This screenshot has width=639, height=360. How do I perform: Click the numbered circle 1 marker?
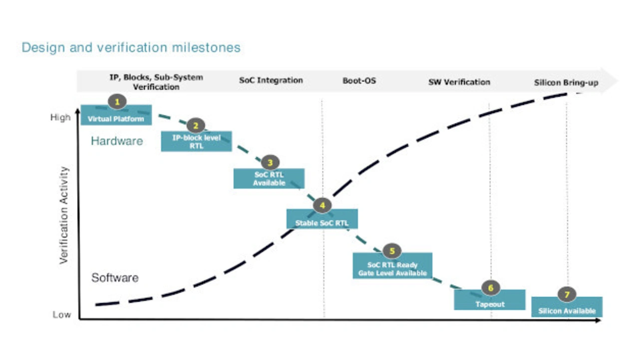(x=117, y=101)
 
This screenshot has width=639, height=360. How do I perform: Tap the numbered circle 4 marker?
(x=322, y=205)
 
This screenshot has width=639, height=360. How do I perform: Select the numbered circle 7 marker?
(x=567, y=294)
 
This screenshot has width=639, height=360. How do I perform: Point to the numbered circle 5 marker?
(x=392, y=251)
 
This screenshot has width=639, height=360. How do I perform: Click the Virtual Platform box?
(x=116, y=115)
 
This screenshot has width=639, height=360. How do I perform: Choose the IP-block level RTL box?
(x=196, y=141)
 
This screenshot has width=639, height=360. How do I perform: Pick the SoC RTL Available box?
(x=269, y=178)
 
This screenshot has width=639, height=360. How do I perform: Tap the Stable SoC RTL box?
(x=322, y=219)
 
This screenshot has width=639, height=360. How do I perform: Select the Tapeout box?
(x=490, y=300)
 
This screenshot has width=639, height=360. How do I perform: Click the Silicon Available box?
(x=567, y=307)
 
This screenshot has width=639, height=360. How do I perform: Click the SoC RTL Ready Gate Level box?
(x=392, y=266)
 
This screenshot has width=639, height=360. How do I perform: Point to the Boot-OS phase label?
(x=359, y=81)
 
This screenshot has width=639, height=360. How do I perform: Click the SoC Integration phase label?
(x=271, y=80)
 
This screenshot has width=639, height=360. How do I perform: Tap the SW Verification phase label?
(x=459, y=82)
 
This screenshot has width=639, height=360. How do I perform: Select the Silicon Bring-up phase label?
(x=566, y=83)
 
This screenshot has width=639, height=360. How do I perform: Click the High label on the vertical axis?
(x=60, y=117)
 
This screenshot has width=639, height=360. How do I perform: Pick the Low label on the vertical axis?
(x=61, y=315)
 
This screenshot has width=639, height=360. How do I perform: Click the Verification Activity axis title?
(x=64, y=215)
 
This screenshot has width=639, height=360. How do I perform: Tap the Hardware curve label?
(x=117, y=141)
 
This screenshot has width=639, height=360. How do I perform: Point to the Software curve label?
(x=115, y=278)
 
